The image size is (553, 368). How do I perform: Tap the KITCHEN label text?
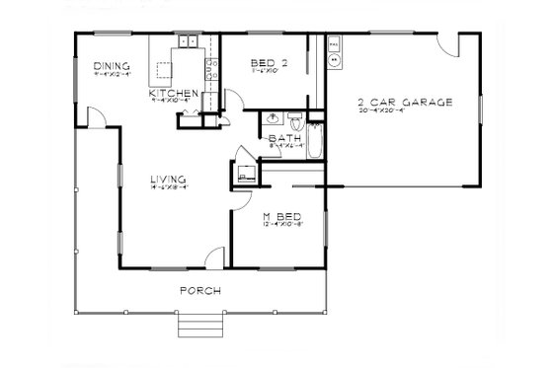tap(177, 92)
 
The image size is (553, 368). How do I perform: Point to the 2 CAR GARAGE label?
tap(404, 102)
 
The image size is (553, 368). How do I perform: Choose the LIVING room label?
tap(169, 179)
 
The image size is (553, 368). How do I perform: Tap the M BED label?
tap(280, 216)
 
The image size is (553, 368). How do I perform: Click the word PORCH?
tap(198, 290)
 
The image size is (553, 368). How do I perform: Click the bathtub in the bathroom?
tap(313, 142)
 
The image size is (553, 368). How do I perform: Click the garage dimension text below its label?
tap(404, 110)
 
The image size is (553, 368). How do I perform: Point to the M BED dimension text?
tap(280, 225)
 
